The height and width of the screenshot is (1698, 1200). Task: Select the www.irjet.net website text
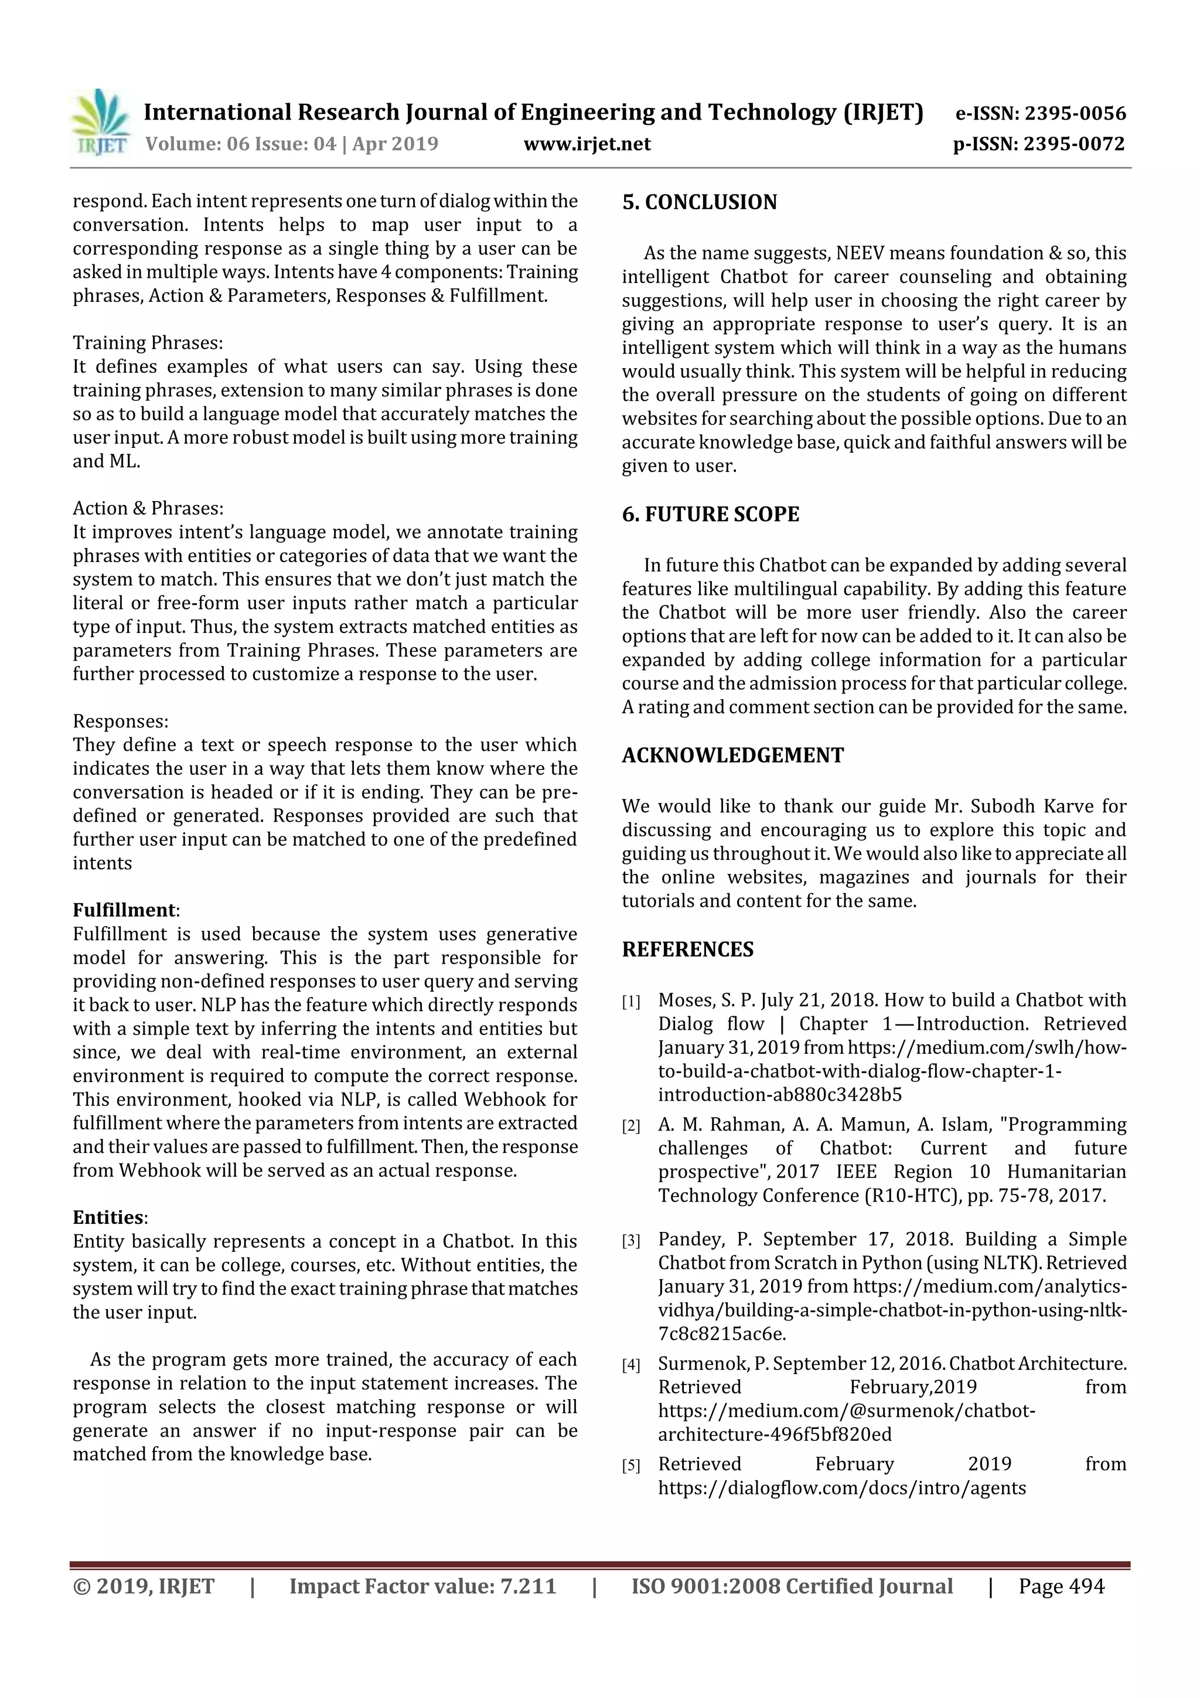pos(587,144)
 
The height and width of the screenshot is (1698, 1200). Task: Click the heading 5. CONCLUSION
pos(700,202)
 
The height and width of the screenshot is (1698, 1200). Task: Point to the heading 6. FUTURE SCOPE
pos(711,514)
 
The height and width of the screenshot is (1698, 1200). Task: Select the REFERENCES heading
pos(688,949)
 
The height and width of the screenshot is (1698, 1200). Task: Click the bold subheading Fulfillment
pos(124,910)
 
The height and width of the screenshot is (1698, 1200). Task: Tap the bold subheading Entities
pos(108,1217)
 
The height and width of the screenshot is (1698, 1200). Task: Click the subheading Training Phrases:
pos(148,342)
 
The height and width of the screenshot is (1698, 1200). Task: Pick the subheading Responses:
pos(121,721)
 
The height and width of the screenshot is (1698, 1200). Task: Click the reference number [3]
pos(630,1241)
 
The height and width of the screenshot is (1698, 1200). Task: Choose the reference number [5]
pos(630,1466)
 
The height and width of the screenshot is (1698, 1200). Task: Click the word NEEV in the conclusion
pos(861,253)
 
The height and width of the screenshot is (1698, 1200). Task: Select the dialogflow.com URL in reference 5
pos(842,1488)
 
